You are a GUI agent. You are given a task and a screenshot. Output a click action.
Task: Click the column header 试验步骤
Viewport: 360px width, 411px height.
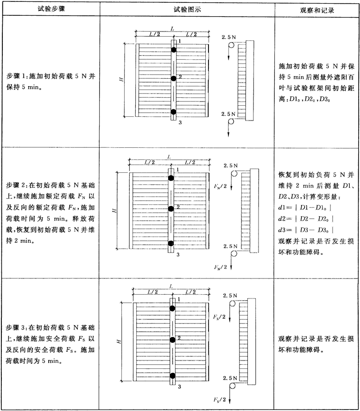[51, 9]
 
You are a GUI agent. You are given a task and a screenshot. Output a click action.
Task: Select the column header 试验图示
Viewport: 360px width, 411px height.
[187, 10]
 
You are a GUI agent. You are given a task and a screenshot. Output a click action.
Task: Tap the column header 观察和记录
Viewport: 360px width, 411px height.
[317, 11]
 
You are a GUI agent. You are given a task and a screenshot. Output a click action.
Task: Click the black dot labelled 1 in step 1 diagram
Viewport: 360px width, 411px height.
[173, 50]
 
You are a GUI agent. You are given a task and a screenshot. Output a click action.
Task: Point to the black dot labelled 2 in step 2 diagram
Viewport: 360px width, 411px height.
[171, 209]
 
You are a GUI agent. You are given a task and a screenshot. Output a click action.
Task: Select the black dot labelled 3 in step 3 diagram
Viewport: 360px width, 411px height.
[172, 376]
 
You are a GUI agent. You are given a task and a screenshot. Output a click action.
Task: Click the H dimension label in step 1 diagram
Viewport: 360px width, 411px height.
[121, 79]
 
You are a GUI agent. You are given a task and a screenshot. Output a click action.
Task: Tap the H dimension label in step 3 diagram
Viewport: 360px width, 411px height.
[119, 341]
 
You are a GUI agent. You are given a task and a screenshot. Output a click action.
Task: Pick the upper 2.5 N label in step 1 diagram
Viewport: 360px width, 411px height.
[229, 37]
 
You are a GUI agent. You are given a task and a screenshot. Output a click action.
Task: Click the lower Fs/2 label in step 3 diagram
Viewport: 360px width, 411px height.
[220, 399]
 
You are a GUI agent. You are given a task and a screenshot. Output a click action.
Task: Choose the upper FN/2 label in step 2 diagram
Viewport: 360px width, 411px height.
[220, 186]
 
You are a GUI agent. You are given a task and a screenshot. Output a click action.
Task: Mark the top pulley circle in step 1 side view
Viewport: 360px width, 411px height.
[231, 45]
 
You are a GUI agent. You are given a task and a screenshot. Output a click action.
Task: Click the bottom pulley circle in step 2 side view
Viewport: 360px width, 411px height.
[234, 253]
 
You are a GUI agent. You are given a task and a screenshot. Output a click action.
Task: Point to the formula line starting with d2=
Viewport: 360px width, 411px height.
[306, 219]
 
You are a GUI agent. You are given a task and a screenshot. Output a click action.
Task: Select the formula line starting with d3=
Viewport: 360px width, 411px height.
[306, 230]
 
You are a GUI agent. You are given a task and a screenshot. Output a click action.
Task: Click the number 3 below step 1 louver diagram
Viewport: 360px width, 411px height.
[180, 122]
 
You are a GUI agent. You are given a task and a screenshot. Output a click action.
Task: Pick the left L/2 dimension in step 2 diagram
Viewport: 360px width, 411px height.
[150, 163]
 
